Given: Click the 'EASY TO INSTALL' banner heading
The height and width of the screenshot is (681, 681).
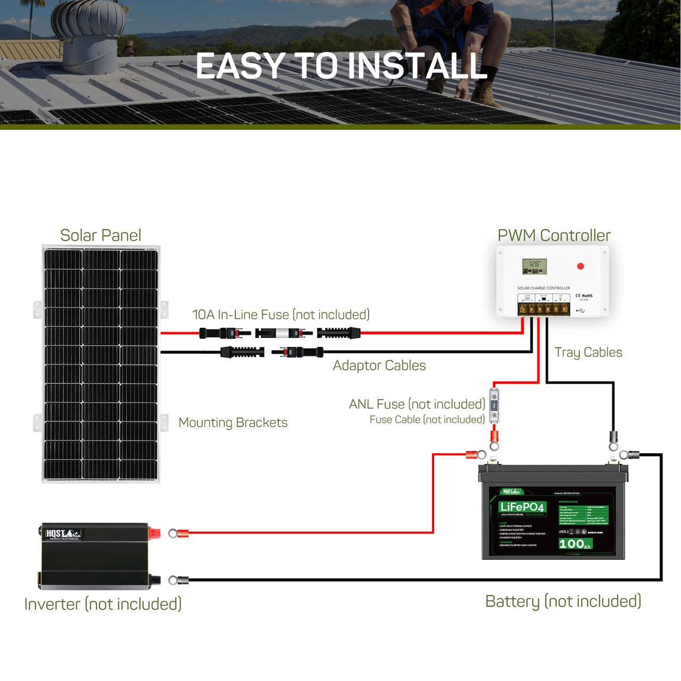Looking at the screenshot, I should [x=341, y=66].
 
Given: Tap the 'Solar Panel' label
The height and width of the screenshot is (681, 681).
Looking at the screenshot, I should [x=101, y=235].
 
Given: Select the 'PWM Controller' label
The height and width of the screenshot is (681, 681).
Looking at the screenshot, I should [x=554, y=235].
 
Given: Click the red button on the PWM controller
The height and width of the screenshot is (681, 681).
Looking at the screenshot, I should [x=580, y=266].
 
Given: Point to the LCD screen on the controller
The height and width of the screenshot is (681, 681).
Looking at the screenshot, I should [x=534, y=267].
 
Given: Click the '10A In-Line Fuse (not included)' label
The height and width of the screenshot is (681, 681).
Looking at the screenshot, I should [x=281, y=314].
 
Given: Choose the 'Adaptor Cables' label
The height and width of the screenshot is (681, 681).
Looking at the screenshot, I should [x=379, y=366].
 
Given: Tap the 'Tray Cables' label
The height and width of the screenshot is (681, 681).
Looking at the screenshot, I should [x=588, y=352].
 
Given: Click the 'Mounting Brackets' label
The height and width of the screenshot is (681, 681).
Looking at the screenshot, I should [x=233, y=422].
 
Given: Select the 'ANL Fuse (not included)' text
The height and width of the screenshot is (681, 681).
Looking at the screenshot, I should [x=417, y=404].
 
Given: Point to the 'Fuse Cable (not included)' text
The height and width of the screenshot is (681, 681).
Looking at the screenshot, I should [x=427, y=420].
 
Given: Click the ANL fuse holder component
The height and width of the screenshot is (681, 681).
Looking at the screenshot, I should [x=494, y=406].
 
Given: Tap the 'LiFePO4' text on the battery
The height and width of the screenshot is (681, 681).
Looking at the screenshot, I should [x=522, y=506].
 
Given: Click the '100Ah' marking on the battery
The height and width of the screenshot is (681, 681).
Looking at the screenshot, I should [x=575, y=544].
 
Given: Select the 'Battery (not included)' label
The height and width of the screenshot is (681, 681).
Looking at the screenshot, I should [x=563, y=601].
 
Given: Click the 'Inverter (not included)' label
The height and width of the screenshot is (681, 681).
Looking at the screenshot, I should [x=103, y=604].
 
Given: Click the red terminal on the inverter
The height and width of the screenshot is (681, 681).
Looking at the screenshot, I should [x=154, y=532].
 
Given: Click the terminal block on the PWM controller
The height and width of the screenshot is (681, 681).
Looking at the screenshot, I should [x=543, y=309].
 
